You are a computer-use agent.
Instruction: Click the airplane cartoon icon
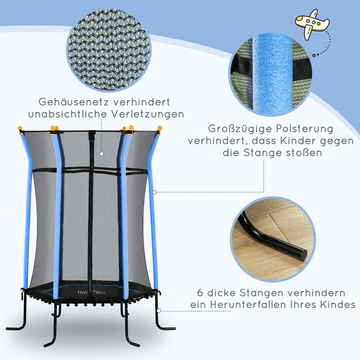click(x=311, y=23)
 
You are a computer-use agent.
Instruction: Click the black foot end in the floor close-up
click(x=300, y=253)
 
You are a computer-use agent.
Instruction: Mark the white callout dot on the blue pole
click(x=154, y=192)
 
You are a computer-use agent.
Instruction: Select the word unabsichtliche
click(x=69, y=114)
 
